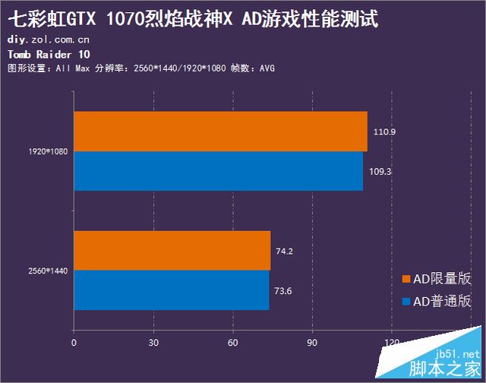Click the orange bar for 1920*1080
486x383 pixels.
(220, 131)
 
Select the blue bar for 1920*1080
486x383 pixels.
(218, 171)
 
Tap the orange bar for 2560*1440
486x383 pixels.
(172, 250)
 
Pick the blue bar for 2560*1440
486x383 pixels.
(171, 290)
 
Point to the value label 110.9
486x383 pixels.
(384, 131)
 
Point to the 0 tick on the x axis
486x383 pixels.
(74, 343)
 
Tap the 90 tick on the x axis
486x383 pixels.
(312, 343)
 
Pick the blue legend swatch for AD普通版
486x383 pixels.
(406, 302)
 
